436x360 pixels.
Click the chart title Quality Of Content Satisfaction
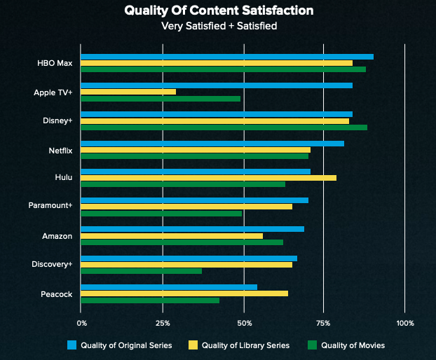[218, 11]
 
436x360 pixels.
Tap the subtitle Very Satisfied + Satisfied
[218, 27]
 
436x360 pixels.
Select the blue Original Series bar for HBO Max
[227, 57]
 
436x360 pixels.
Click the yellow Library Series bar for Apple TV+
[128, 92]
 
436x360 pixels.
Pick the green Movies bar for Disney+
[224, 127]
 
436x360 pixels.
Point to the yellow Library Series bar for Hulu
[208, 178]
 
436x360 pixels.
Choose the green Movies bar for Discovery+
[141, 270]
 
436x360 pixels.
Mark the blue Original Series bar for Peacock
[169, 286]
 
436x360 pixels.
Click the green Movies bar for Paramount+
[161, 213]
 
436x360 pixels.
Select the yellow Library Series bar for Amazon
[172, 235]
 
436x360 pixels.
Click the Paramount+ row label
[50, 206]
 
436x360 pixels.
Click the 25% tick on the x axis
[163, 323]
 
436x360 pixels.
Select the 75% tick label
[323, 323]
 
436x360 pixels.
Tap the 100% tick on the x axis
[405, 323]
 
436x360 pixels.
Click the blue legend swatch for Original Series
[71, 345]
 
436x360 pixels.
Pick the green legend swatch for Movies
[313, 345]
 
